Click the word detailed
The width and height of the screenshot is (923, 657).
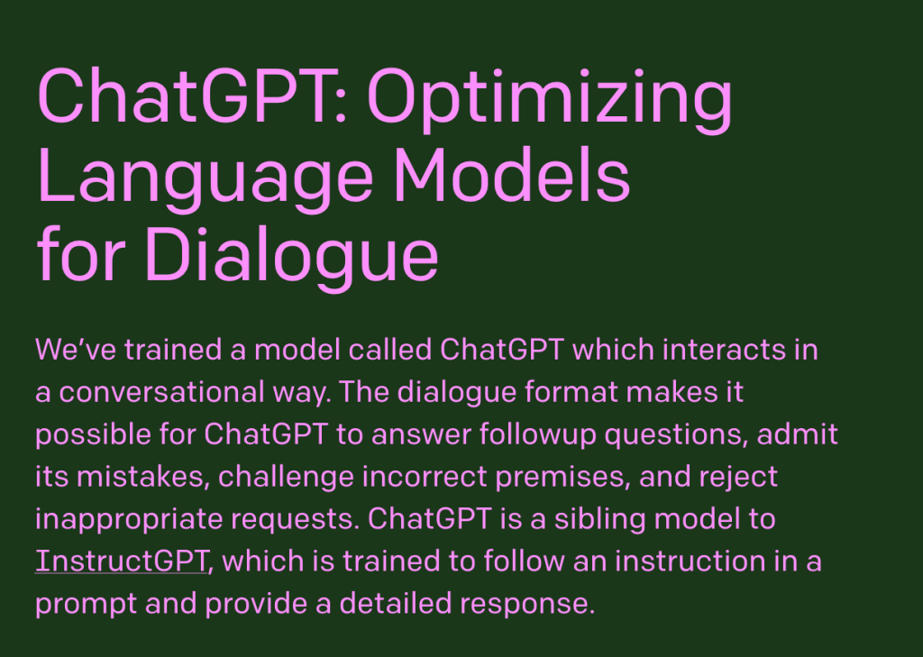tap(415, 603)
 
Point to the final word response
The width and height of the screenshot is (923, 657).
tap(541, 603)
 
